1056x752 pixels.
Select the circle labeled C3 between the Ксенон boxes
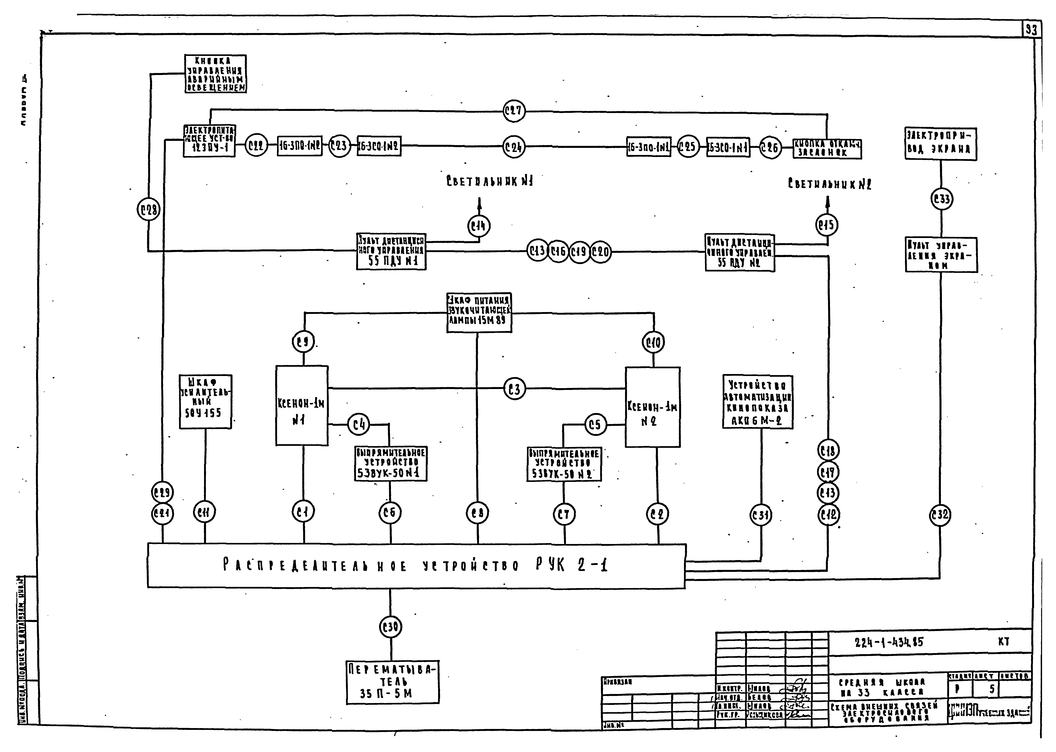[514, 389]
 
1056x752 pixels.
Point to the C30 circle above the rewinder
[390, 627]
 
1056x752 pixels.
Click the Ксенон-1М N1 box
[302, 406]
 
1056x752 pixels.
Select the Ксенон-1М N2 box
[652, 407]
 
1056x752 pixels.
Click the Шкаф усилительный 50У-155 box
[205, 401]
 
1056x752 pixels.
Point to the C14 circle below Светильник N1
[479, 226]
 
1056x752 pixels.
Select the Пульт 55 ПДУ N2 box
[739, 253]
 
